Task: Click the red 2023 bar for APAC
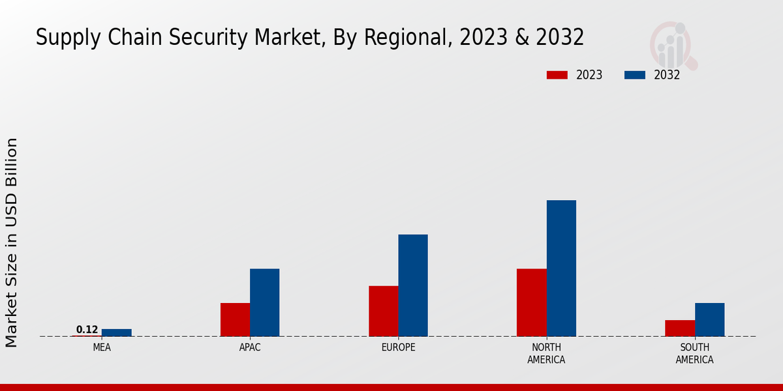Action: coord(235,319)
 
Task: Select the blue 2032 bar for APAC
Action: coord(264,302)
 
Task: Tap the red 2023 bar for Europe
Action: coord(383,311)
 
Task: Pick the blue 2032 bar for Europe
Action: coord(413,285)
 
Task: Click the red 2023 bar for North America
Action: coord(531,302)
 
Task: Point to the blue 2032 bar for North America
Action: coord(561,268)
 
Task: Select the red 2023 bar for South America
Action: coord(679,328)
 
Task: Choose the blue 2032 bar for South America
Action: coord(709,319)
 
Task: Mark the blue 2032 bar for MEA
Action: coord(116,332)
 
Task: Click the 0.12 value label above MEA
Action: coord(87,330)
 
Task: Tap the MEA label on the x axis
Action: coord(102,347)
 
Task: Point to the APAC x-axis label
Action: coord(250,347)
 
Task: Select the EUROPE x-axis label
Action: coord(398,347)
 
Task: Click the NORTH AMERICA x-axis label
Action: coord(546,353)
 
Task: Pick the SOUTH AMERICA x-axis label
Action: coord(694,353)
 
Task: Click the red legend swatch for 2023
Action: coord(557,75)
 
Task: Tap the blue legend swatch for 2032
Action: coord(635,75)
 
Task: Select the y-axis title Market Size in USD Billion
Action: coord(12,242)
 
